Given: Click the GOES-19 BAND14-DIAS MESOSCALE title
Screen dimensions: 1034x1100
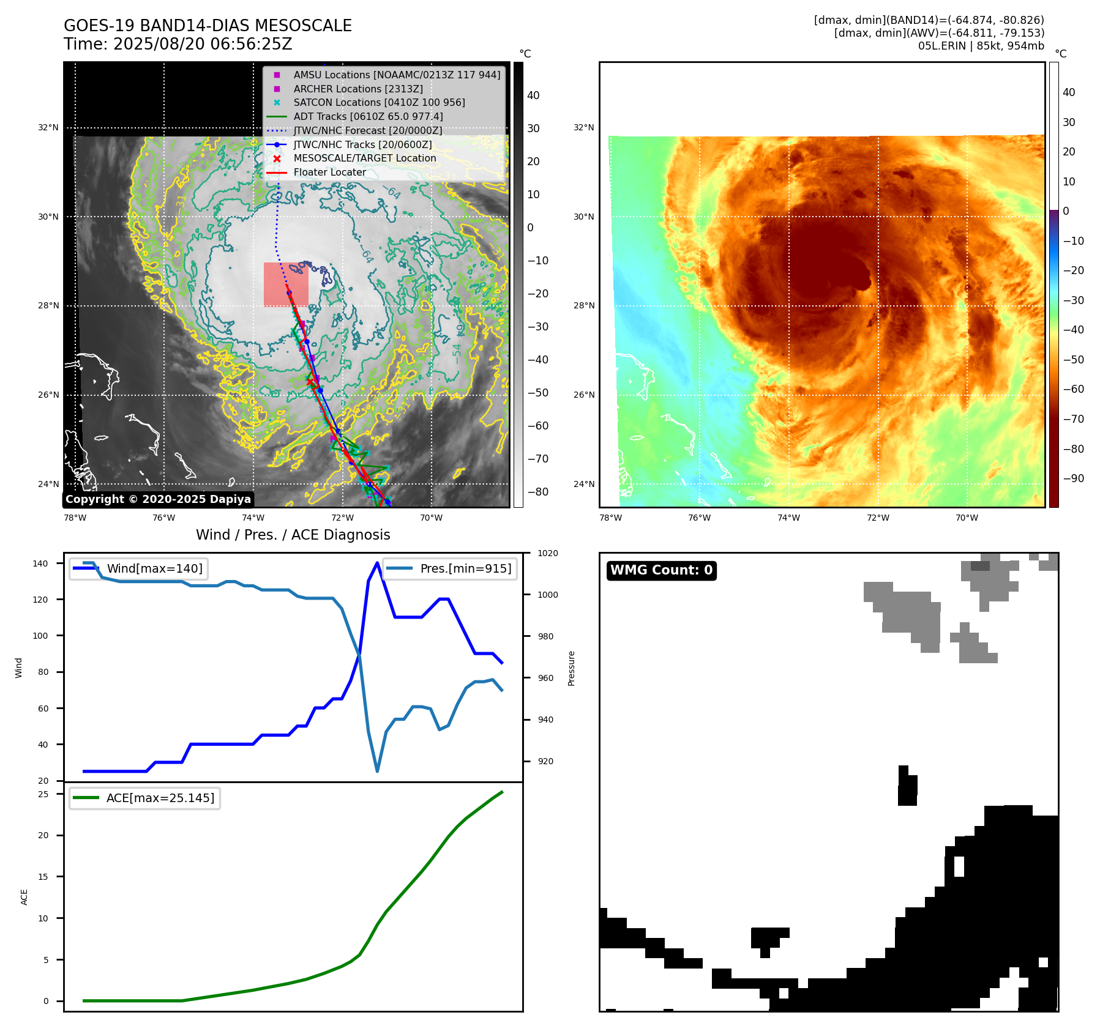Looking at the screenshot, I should (208, 26).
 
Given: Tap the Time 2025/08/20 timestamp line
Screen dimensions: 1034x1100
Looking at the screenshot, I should (178, 44).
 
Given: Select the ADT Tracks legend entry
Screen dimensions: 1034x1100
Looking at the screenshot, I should (368, 116).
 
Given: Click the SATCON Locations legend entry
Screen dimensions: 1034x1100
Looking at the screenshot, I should (379, 102).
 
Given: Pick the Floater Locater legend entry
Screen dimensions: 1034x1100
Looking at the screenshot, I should (329, 172).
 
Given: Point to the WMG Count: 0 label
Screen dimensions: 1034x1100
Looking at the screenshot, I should (661, 570).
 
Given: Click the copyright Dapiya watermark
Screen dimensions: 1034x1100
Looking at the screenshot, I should (158, 499).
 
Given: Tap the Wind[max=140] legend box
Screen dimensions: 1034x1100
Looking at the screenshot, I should (138, 568).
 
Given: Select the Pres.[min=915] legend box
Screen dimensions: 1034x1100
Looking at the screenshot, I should (449, 568).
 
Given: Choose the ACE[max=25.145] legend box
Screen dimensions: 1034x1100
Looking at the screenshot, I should (145, 798).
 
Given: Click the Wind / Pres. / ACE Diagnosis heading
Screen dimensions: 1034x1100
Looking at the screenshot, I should (293, 535).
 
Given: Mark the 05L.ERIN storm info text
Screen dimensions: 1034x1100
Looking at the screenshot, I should (981, 46).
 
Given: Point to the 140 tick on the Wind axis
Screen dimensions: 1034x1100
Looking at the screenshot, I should (40, 563).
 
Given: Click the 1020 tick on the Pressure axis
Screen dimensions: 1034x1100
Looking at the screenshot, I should (547, 553).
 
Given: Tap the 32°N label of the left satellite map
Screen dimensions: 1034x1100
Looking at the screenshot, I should (48, 128).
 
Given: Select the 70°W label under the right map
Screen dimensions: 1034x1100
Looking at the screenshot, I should (967, 518).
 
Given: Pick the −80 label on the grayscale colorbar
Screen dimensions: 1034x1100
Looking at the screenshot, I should (538, 492).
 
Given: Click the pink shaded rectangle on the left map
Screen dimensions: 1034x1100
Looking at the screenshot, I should (285, 285).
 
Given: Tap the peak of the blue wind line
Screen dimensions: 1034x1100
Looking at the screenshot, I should (377, 562).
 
